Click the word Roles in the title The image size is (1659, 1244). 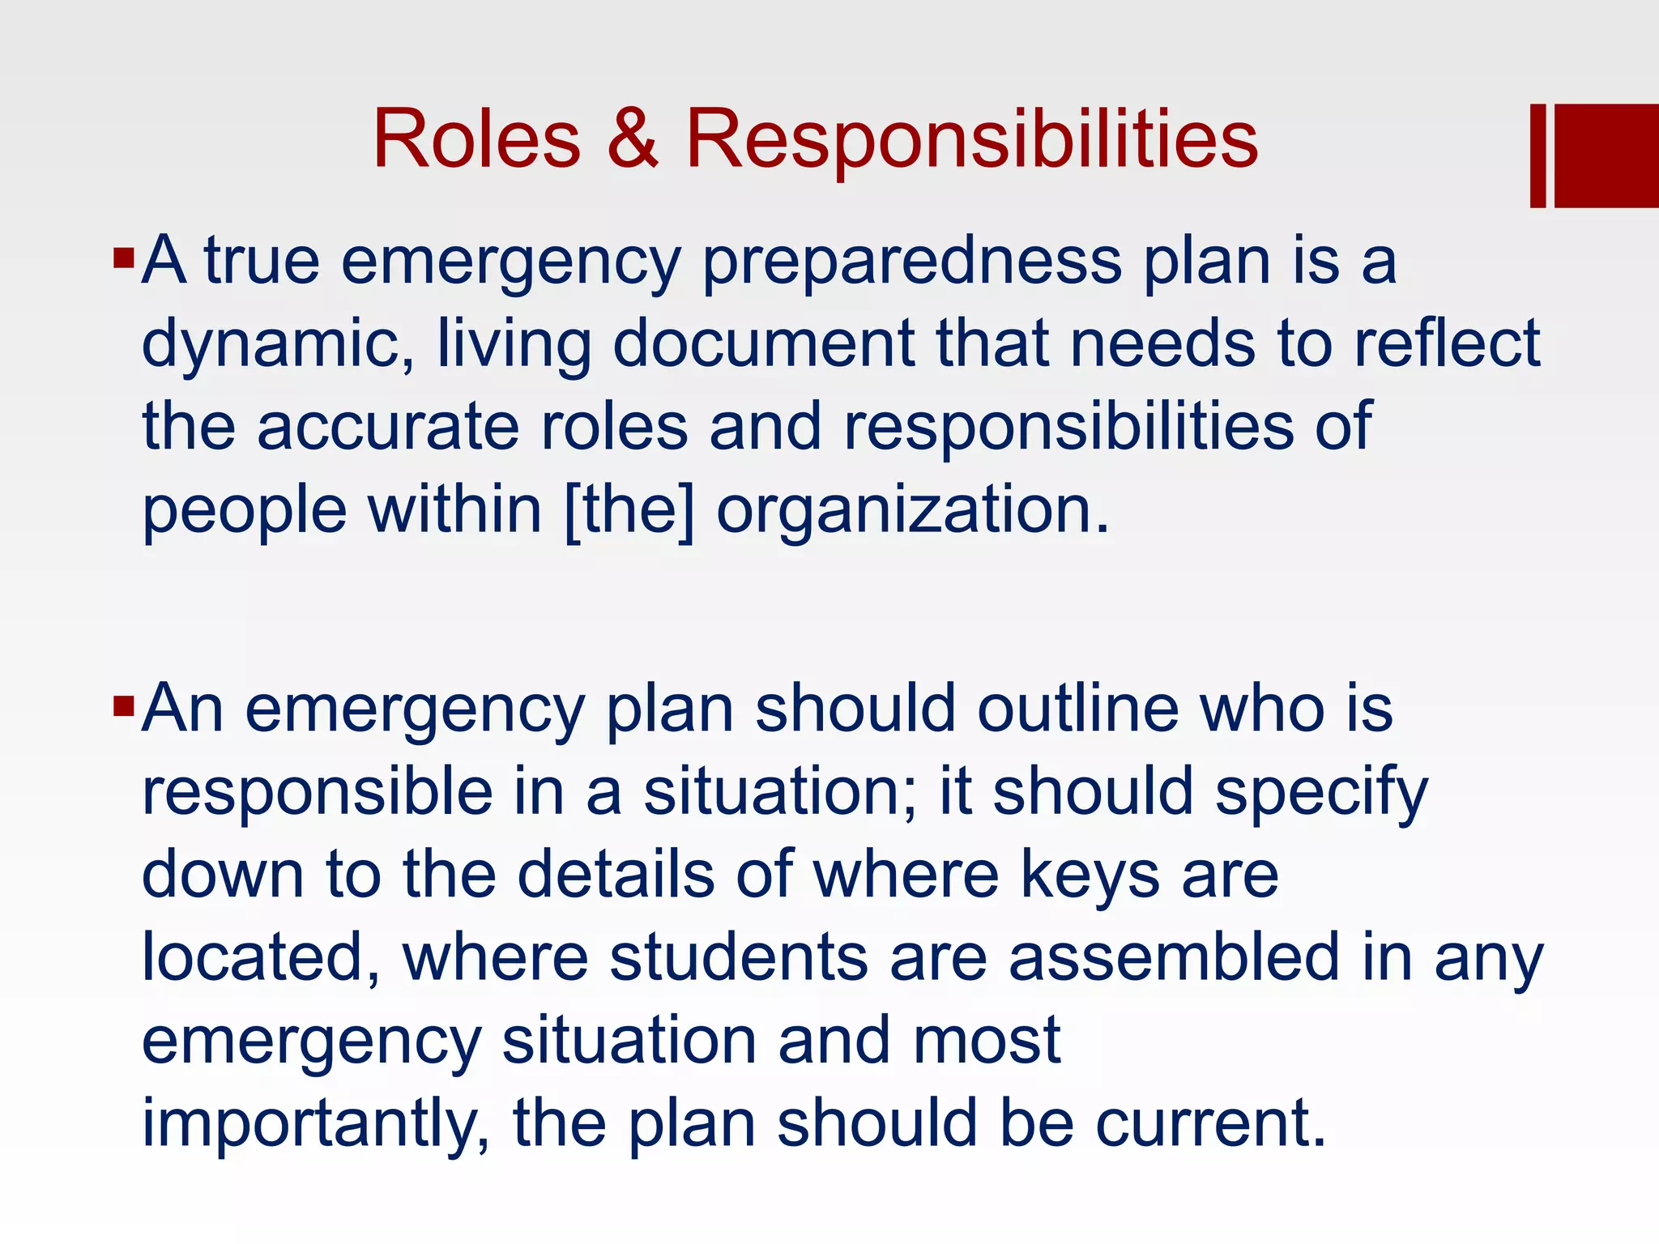[x=476, y=139]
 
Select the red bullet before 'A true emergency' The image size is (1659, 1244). [x=123, y=259]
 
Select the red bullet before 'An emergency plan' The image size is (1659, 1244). [x=123, y=707]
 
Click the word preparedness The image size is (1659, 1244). [x=911, y=263]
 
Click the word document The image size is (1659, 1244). [x=763, y=343]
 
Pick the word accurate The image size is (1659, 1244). [x=387, y=427]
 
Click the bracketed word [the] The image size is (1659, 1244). [x=629, y=510]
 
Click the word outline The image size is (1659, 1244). [x=1077, y=709]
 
